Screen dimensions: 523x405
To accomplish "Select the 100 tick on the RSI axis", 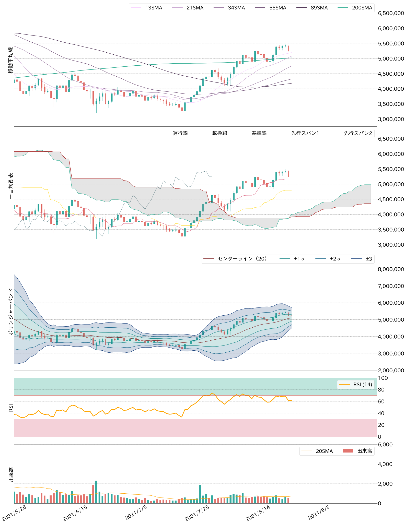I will point(383,378).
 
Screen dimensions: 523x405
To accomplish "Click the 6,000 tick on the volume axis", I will point(385,445).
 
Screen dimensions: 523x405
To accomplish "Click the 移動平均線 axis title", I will point(11,60).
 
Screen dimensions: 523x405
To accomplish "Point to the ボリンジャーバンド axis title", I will point(11,311).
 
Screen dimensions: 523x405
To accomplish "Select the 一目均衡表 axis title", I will point(11,186).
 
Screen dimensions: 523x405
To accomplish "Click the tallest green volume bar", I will point(96,492).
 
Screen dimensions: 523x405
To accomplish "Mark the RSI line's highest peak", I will point(212,393).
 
